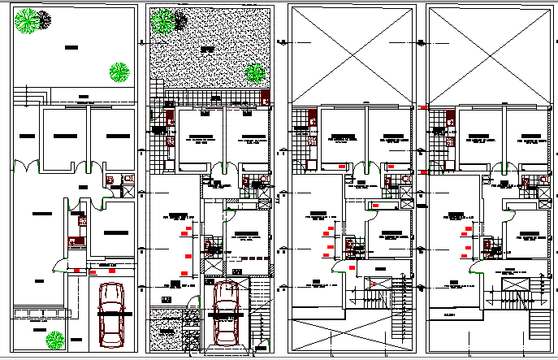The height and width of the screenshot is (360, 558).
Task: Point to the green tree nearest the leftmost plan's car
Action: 55,339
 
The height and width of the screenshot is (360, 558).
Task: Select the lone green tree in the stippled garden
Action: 255,72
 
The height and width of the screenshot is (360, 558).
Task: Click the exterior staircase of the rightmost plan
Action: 539,324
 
